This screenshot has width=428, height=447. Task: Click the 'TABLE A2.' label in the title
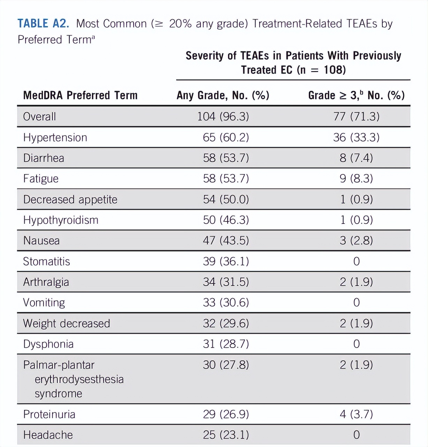[x=43, y=24]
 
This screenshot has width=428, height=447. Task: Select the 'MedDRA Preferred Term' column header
[x=80, y=95]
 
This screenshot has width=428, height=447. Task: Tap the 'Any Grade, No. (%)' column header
[x=223, y=95]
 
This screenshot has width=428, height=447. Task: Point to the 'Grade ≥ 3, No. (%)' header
[x=356, y=95]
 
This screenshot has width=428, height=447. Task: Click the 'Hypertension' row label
[x=55, y=137]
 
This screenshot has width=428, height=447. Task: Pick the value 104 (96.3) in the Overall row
[x=223, y=116]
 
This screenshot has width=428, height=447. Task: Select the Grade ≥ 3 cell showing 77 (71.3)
[x=356, y=116]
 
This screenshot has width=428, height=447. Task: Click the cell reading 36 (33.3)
[x=356, y=137]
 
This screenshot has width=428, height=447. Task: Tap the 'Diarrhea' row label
[x=44, y=158]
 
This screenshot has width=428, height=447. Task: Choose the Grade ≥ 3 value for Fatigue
[x=356, y=179]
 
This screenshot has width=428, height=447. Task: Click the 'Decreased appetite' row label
[x=70, y=199]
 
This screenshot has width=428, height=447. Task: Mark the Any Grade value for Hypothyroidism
[x=226, y=220]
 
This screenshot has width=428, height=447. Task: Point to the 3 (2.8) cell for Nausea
[x=356, y=241]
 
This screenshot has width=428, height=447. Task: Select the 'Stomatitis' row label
[x=46, y=262]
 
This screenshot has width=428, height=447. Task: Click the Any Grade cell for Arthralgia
[x=226, y=282]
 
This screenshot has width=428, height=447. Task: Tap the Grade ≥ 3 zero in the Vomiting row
[x=356, y=302]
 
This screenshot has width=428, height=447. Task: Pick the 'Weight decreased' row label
[x=66, y=323]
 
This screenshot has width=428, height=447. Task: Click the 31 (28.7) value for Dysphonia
[x=226, y=344]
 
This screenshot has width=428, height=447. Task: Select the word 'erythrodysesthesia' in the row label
[x=79, y=379]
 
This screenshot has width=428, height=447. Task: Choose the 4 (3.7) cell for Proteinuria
[x=356, y=414]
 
